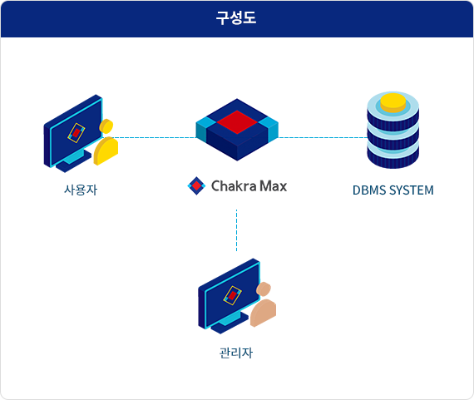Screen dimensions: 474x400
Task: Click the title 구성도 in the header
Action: click(x=236, y=18)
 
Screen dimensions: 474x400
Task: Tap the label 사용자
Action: click(x=81, y=190)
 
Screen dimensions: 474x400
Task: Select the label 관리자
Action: click(x=236, y=353)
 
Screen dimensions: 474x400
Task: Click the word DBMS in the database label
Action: click(x=369, y=190)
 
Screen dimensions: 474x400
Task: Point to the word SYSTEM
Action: click(x=412, y=190)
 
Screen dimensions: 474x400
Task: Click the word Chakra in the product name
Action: click(x=234, y=186)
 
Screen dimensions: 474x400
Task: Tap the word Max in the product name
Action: click(x=274, y=186)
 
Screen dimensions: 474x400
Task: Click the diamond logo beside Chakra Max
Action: click(x=196, y=186)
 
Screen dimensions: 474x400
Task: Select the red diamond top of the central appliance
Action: click(x=237, y=122)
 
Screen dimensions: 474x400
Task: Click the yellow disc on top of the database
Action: click(x=393, y=102)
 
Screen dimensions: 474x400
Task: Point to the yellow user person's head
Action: click(x=106, y=126)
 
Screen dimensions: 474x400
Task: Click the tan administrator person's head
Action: click(x=264, y=289)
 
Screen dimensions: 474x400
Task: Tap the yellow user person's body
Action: click(x=106, y=151)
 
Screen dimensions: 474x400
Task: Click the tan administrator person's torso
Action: click(x=263, y=314)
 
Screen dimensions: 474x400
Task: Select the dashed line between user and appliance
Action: click(x=151, y=138)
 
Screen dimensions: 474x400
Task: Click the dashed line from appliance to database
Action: click(x=323, y=138)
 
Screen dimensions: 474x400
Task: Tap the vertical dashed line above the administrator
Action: click(x=237, y=230)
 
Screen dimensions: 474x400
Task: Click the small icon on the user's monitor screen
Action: click(x=77, y=133)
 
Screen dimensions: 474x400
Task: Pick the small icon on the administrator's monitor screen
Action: click(x=233, y=295)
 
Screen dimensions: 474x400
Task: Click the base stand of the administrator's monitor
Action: click(x=230, y=323)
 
